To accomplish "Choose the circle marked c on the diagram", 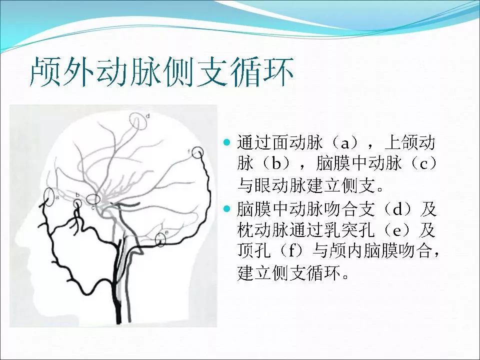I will coord(93,200).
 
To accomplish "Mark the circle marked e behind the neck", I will coord(160,239).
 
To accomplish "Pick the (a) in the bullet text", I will coord(344,143).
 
